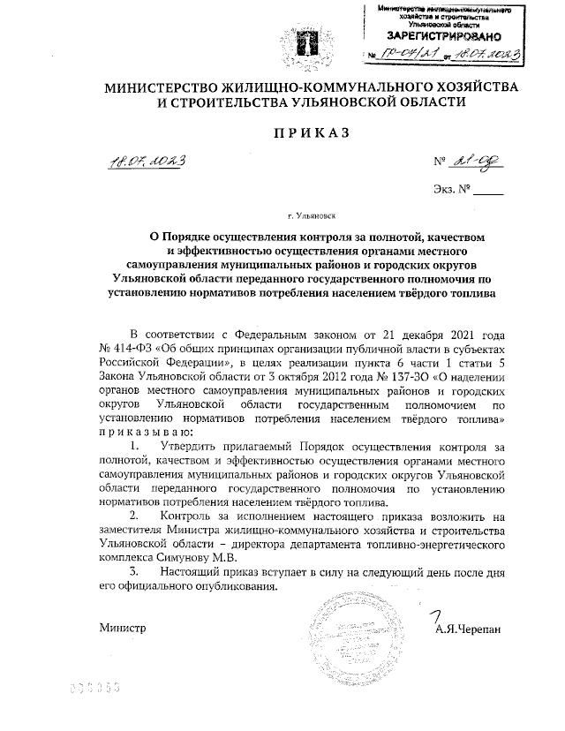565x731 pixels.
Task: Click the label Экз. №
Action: pyautogui.click(x=453, y=189)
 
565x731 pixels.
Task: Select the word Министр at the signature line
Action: pyautogui.click(x=120, y=629)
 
